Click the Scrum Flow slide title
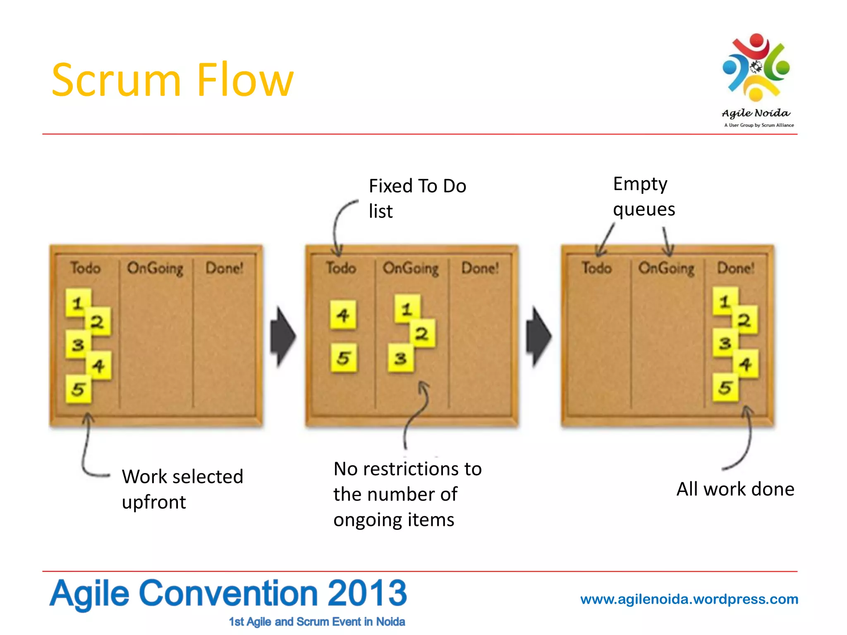(x=172, y=79)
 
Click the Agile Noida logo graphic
(x=756, y=68)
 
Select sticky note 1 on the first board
(x=77, y=303)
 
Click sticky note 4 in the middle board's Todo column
(x=343, y=315)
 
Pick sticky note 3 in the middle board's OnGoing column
(x=400, y=358)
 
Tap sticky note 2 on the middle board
(x=422, y=333)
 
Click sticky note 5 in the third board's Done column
(x=725, y=387)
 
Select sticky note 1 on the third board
(x=724, y=301)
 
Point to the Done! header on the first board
(x=225, y=268)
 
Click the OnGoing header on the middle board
(x=410, y=268)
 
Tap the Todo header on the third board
(x=596, y=268)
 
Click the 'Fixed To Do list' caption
(x=417, y=198)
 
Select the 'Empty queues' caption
(x=644, y=196)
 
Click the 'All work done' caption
(x=735, y=489)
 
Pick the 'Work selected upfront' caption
(x=182, y=489)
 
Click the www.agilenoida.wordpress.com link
(x=689, y=599)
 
